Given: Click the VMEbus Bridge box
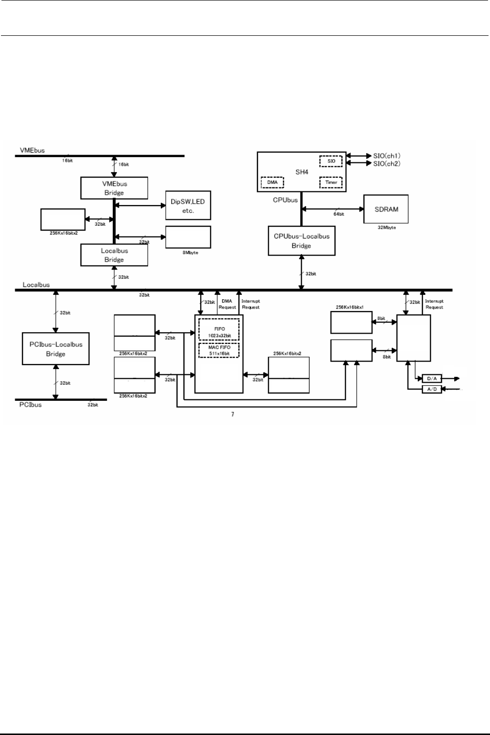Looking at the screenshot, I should click(x=114, y=188).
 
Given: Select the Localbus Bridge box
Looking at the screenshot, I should click(x=114, y=255).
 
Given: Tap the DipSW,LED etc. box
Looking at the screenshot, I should click(x=188, y=206).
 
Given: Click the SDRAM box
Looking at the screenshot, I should click(x=386, y=209).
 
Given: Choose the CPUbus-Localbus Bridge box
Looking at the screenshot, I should click(x=301, y=240).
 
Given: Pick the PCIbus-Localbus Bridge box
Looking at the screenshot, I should click(x=55, y=348).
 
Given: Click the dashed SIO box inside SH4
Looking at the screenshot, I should click(x=331, y=161).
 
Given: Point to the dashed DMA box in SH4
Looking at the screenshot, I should click(x=272, y=183).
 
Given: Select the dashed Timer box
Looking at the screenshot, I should click(x=331, y=183).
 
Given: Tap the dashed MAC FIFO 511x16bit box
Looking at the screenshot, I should click(x=219, y=350).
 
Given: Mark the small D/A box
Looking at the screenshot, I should click(x=432, y=379).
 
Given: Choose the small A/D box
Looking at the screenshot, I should click(x=432, y=389).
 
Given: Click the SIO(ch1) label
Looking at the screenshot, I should click(x=387, y=156).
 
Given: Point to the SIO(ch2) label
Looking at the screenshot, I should click(x=387, y=163).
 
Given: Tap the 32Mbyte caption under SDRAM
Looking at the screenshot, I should click(x=386, y=228).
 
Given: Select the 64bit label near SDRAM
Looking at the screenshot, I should click(x=338, y=214).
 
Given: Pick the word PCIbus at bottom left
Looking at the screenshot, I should click(x=31, y=405).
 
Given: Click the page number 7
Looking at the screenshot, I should click(x=232, y=415).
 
